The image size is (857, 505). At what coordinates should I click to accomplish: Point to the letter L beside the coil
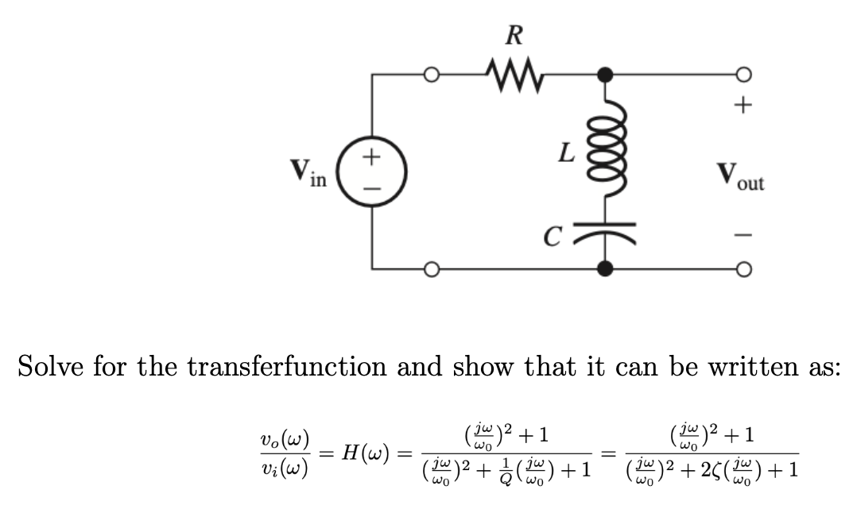[x=566, y=152]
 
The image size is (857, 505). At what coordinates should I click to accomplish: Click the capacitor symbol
[x=606, y=231]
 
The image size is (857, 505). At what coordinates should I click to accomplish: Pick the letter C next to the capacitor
[x=555, y=233]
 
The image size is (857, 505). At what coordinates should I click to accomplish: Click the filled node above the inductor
[x=606, y=75]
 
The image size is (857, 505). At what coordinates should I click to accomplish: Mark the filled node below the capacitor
[x=606, y=268]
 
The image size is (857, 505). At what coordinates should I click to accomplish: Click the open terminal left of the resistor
[x=431, y=75]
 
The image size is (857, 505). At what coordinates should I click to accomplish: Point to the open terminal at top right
[x=743, y=75]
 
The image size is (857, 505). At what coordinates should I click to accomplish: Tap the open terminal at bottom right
[x=743, y=269]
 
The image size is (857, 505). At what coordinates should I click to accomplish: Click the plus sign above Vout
[x=742, y=104]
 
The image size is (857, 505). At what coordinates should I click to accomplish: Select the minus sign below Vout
[x=742, y=236]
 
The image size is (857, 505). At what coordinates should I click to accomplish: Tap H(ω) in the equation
[x=364, y=453]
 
